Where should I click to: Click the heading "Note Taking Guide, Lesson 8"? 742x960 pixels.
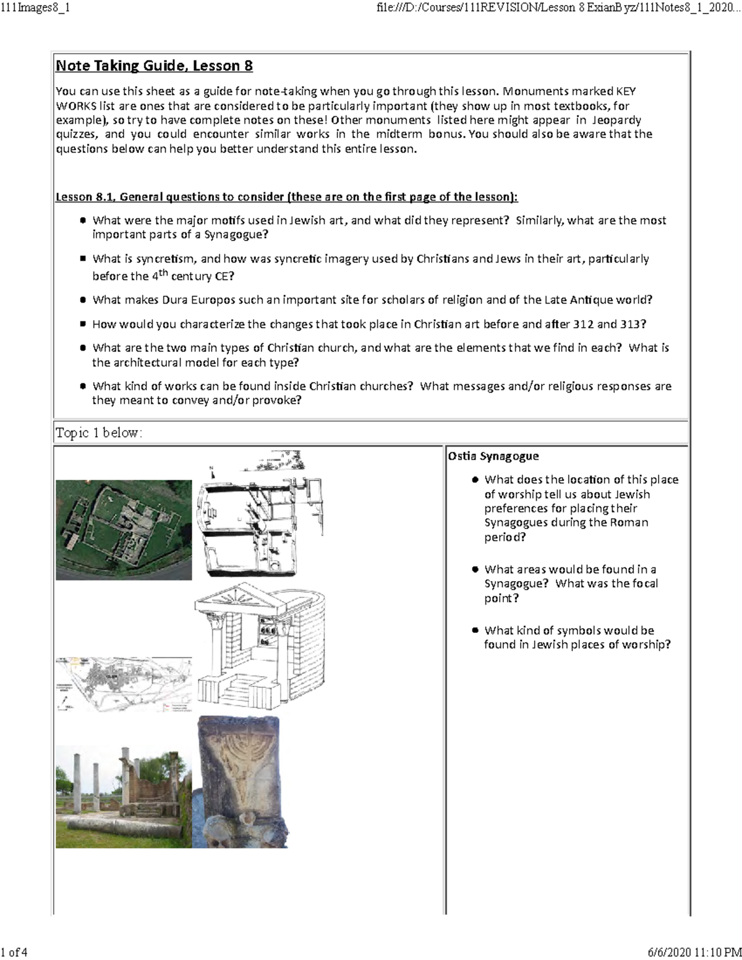pyautogui.click(x=154, y=66)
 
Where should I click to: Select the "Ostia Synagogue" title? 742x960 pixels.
pyautogui.click(x=493, y=456)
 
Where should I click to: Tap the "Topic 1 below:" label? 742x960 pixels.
pyautogui.click(x=99, y=433)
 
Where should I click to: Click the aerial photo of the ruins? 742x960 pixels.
pyautogui.click(x=124, y=530)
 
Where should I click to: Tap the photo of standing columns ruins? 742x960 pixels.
pyautogui.click(x=124, y=796)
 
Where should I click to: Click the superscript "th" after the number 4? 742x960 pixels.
pyautogui.click(x=163, y=272)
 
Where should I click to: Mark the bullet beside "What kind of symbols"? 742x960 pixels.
pyautogui.click(x=475, y=631)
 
